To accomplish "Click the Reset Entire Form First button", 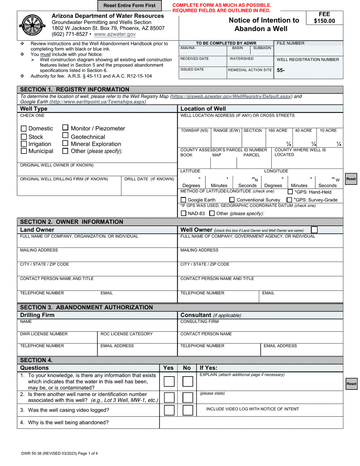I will pyautogui.click(x=129, y=6).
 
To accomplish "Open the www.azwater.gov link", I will pyautogui.click(x=115, y=34).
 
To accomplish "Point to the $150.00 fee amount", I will pyautogui.click(x=324, y=21).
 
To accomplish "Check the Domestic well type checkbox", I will pyautogui.click(x=24, y=129).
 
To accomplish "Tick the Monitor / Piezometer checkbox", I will pyautogui.click(x=65, y=128).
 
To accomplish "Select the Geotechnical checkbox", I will pyautogui.click(x=65, y=136).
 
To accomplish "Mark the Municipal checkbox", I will pyautogui.click(x=24, y=151).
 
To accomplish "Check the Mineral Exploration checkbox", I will pyautogui.click(x=65, y=144).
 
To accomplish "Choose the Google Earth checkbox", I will pyautogui.click(x=183, y=200).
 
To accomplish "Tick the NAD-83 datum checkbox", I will pyautogui.click(x=183, y=214).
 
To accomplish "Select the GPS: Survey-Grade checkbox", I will pyautogui.click(x=290, y=200).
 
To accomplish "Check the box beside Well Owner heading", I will pyautogui.click(x=314, y=230).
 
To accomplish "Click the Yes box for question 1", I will pyautogui.click(x=169, y=382).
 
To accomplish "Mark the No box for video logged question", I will pyautogui.click(x=188, y=410).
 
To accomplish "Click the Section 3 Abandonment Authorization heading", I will pyautogui.click(x=86, y=307).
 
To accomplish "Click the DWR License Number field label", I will pyautogui.click(x=44, y=334).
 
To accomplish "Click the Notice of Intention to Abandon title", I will pyautogui.click(x=264, y=25).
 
